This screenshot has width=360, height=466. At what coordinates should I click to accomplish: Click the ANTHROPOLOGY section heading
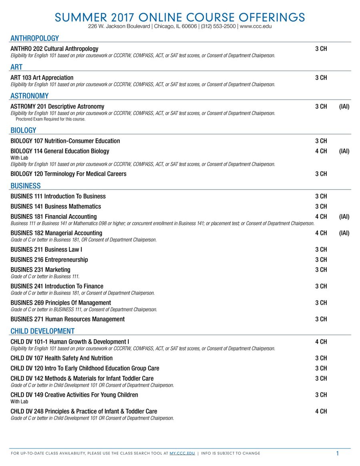click(35, 38)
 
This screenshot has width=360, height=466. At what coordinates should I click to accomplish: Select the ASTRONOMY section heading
click(30, 96)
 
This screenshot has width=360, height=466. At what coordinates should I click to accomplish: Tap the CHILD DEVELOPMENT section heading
click(42, 331)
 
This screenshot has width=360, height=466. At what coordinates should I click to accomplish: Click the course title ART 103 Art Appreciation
click(42, 78)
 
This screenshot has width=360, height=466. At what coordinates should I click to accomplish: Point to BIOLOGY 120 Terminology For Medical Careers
click(68, 174)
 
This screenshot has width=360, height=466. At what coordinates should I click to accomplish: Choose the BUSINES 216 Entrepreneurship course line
click(49, 260)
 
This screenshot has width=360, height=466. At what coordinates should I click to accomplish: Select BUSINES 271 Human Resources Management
click(68, 319)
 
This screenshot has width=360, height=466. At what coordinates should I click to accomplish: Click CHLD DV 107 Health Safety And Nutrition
click(62, 358)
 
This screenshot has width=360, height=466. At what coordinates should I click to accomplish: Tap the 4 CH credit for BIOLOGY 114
click(321, 151)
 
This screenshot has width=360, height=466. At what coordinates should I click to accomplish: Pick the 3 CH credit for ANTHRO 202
click(321, 49)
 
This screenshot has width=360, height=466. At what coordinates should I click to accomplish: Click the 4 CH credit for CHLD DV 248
click(321, 411)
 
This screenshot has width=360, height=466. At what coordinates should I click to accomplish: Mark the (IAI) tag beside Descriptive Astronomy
click(344, 106)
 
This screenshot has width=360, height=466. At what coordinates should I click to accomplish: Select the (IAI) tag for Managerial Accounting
click(344, 233)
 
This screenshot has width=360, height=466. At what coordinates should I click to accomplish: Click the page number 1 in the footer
click(337, 453)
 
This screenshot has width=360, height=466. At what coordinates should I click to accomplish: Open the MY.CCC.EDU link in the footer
click(182, 453)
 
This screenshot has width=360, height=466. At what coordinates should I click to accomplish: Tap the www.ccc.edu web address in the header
click(256, 26)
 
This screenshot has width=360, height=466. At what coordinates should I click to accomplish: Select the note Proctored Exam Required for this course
click(50, 119)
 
